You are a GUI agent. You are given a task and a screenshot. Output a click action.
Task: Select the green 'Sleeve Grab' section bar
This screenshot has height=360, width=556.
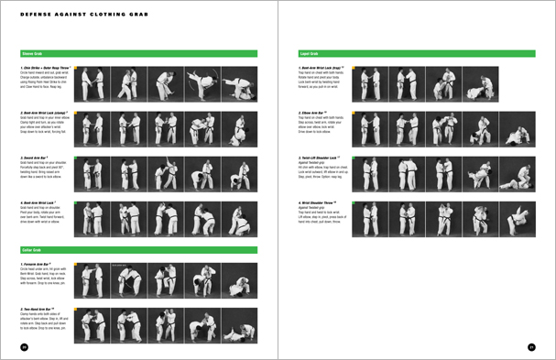[137, 54]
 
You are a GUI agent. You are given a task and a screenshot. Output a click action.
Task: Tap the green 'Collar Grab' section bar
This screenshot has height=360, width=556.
[137, 249]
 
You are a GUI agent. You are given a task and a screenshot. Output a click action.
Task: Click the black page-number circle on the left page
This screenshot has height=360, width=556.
[25, 347]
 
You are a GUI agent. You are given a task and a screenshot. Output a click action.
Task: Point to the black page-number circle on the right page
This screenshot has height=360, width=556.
[531, 347]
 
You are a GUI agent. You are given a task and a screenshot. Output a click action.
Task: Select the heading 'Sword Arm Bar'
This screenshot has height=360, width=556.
[37, 158]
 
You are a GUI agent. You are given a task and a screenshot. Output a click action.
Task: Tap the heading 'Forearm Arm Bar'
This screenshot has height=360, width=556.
[40, 264]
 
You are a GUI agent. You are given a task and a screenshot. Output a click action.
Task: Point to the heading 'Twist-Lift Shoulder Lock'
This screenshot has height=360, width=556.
[326, 158]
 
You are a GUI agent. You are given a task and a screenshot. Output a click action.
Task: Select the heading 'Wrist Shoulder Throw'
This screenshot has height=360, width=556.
[323, 202]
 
